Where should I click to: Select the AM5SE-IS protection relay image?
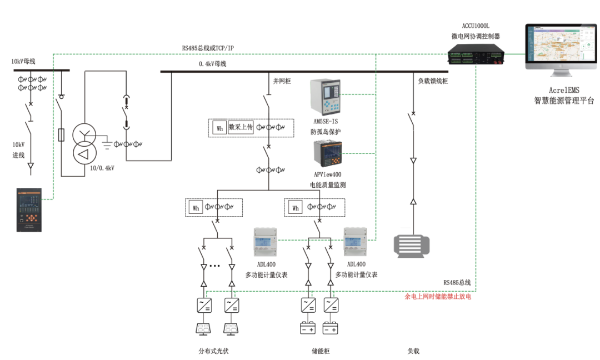click(x=325, y=97)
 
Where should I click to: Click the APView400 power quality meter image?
click(x=327, y=153)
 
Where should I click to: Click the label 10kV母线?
click(x=23, y=62)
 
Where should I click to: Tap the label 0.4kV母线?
click(x=212, y=64)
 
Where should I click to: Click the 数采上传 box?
click(x=241, y=127)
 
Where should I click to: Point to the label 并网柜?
click(x=282, y=81)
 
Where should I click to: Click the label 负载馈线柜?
click(x=433, y=81)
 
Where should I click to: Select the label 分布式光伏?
click(x=213, y=351)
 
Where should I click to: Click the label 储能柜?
click(x=321, y=351)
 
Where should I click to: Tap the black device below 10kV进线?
click(x=29, y=210)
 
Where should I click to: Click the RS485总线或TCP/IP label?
click(x=208, y=48)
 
